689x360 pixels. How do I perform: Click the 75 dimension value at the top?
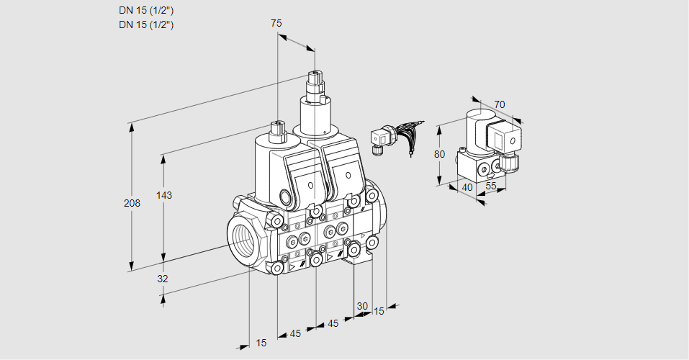276,23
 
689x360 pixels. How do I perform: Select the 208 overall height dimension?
132,204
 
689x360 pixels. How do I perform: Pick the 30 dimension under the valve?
362,305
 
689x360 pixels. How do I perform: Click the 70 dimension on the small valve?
500,104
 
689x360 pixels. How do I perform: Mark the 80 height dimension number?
441,153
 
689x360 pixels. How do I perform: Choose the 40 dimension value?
467,188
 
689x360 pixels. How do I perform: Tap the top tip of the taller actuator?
315,73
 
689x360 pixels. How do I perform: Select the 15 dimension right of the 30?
379,311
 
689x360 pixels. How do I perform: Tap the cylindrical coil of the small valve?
475,126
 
